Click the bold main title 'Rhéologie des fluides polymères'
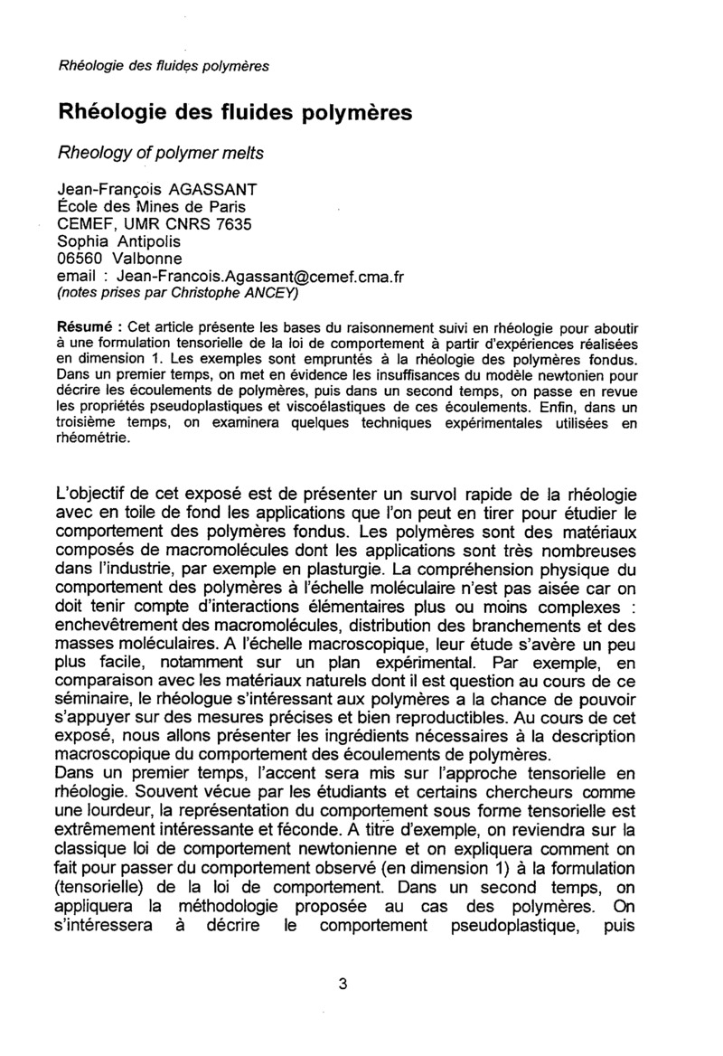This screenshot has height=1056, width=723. click(234, 113)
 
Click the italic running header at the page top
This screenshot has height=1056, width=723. click(164, 65)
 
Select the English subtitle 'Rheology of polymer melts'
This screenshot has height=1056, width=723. click(161, 153)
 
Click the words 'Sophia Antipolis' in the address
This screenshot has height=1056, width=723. click(118, 241)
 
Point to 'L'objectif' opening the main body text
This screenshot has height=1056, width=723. click(98, 495)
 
